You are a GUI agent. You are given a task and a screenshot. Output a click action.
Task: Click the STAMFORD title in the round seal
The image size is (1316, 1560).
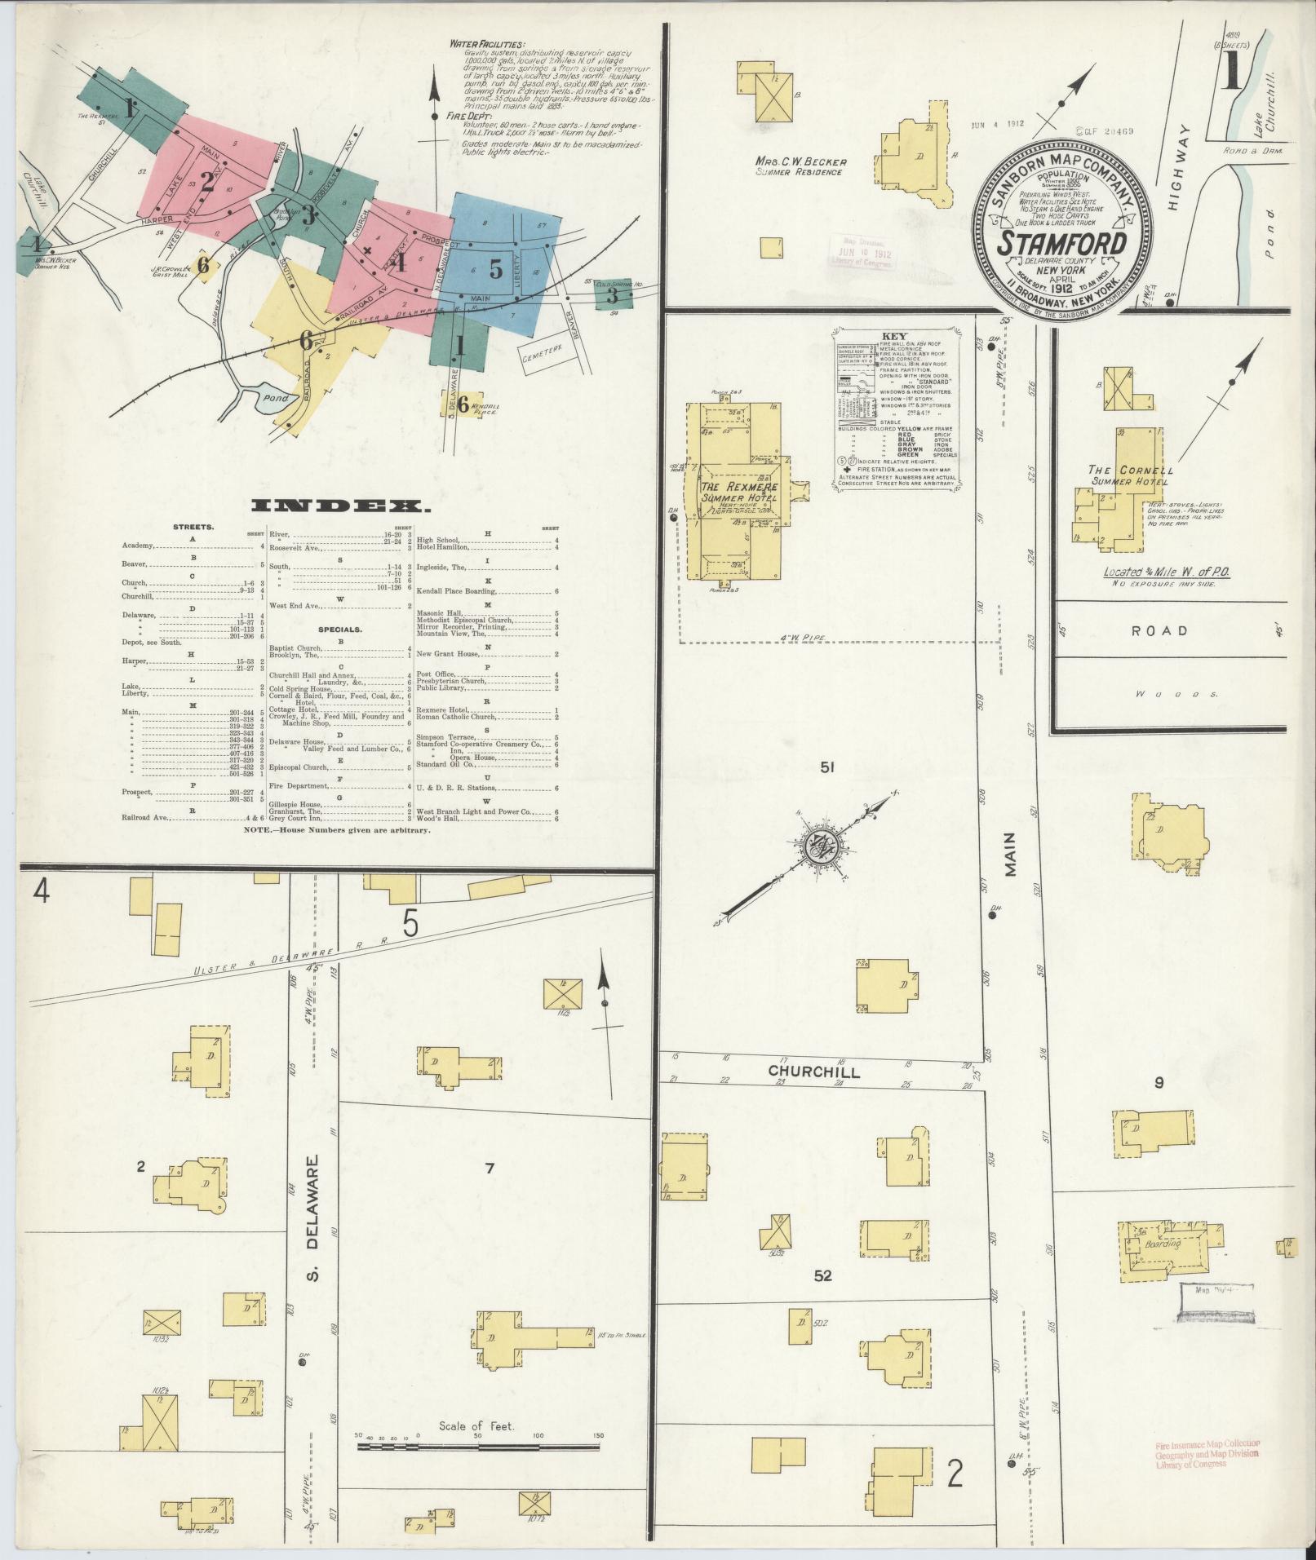pos(1063,243)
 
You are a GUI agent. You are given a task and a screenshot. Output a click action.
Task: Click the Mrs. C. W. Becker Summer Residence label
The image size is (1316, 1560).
pos(800,166)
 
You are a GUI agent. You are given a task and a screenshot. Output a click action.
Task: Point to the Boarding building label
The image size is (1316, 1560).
pos(1163,1266)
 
